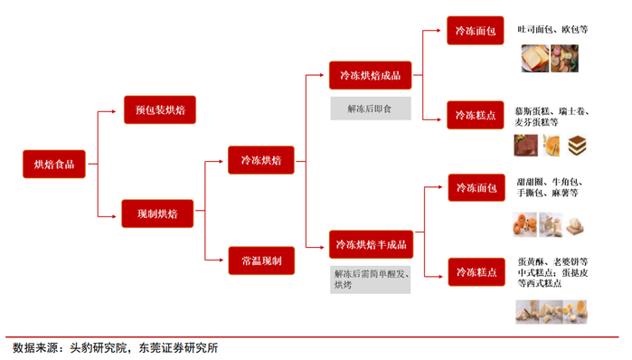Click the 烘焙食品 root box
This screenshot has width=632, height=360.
(54, 164)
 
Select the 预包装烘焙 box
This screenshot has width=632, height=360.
(159, 110)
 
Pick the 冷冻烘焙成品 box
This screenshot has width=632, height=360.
(370, 76)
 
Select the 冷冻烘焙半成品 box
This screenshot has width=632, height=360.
(370, 244)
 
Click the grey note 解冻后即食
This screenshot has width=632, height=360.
(370, 109)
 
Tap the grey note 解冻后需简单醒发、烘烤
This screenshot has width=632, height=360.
(370, 279)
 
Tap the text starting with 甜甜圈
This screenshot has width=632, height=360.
(553, 186)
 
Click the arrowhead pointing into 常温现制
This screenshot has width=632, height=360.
(223, 261)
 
